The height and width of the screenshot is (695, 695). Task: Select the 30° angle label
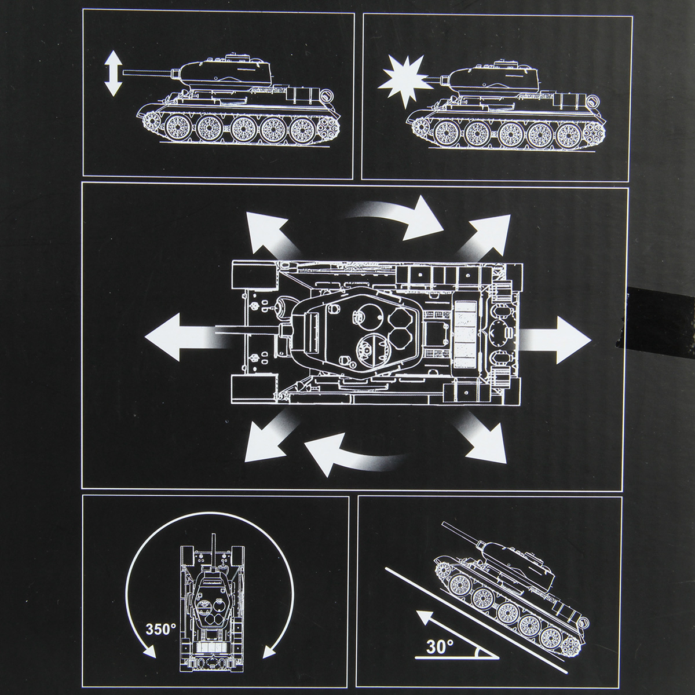[438, 646]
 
